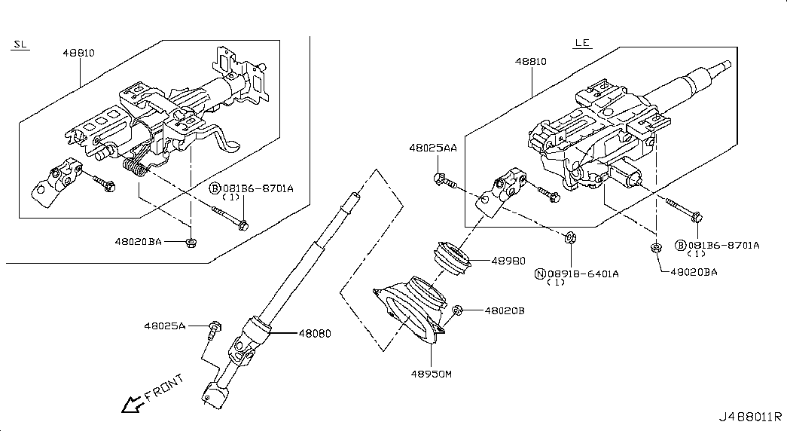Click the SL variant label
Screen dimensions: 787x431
pos(20,44)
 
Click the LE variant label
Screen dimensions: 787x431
pos(582,43)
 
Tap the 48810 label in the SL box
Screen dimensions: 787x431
pos(79,53)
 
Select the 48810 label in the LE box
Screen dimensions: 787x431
pos(531,61)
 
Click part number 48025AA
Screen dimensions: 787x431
pos(433,148)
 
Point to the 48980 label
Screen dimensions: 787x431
pos(508,261)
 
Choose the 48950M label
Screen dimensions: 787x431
pos(431,374)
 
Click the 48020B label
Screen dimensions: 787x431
pos(505,311)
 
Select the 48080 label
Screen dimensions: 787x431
pos(315,333)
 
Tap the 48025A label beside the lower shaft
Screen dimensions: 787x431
pos(165,326)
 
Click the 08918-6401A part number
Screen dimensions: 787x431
pos(583,274)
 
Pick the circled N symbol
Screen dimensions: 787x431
pos(541,274)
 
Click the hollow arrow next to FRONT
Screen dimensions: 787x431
pos(133,404)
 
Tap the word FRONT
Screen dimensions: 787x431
pos(165,388)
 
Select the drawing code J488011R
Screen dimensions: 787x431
pos(750,417)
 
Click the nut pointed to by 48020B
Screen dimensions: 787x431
pos(456,310)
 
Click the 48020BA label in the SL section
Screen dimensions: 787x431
pos(138,242)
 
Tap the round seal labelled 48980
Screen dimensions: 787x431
pos(452,259)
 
